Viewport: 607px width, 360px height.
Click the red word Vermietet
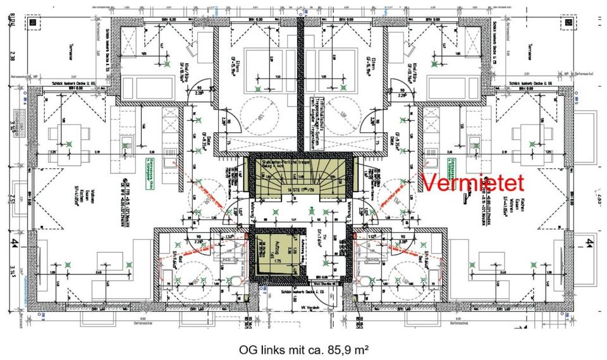coord(472,183)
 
